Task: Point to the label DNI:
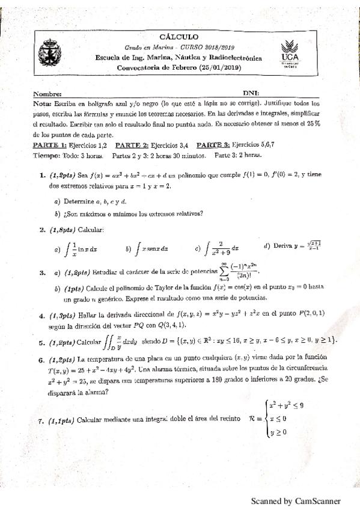point(251,94)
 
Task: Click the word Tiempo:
point(48,155)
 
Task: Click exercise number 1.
point(43,175)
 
